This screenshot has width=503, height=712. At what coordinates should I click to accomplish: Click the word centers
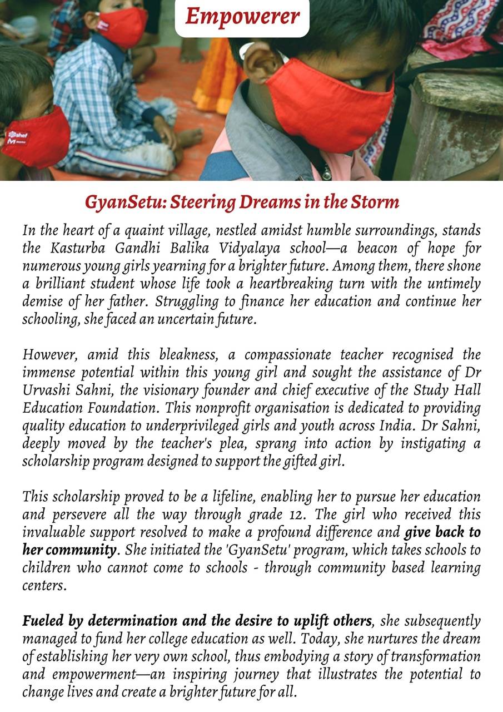pos(44,587)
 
